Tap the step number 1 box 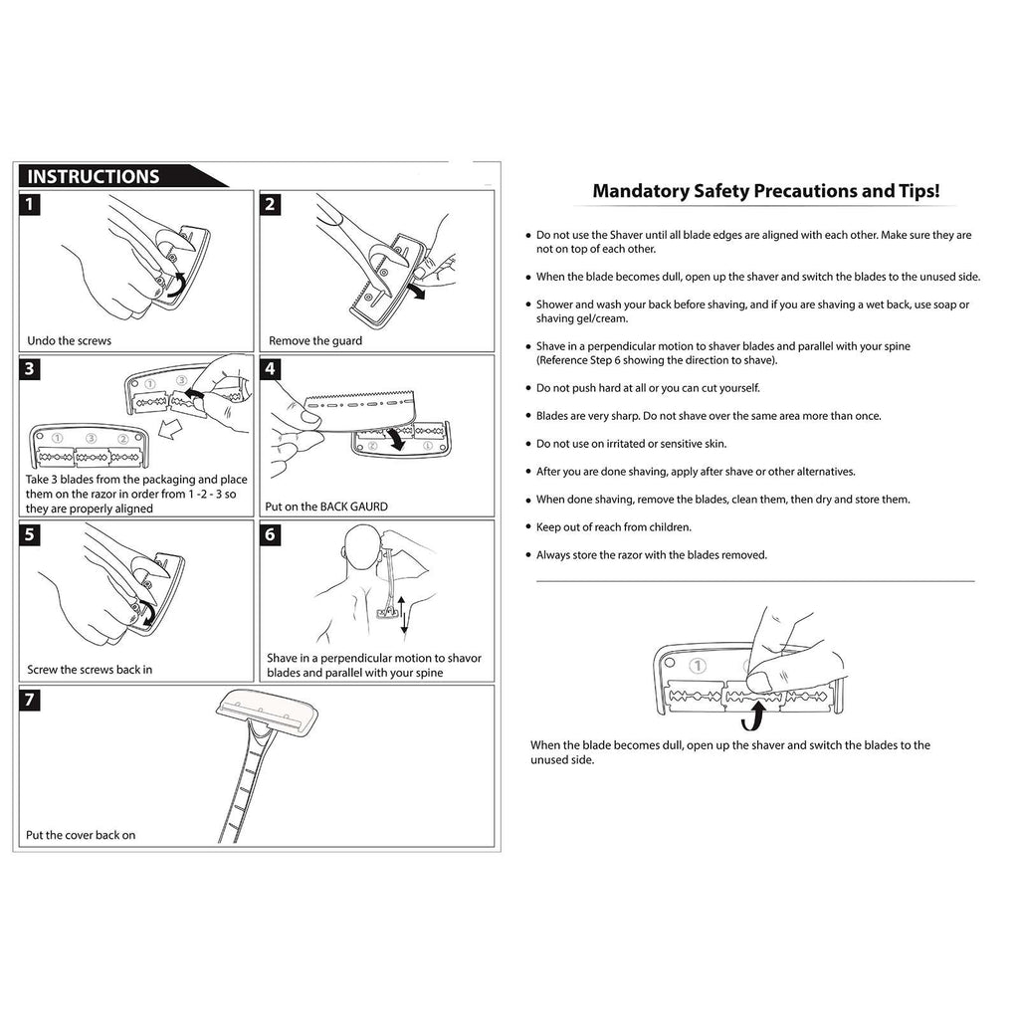(32, 205)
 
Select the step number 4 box (271, 369)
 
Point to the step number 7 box (32, 700)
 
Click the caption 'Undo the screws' (70, 340)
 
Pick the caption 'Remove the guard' (315, 340)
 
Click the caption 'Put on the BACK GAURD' (326, 507)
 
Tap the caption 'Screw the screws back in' (90, 670)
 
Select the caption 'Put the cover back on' (82, 835)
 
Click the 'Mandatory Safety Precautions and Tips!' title (766, 191)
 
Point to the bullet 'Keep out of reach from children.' (613, 527)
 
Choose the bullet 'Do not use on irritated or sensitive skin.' (631, 444)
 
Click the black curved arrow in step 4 (398, 438)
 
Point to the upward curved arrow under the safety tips (758, 713)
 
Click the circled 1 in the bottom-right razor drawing (699, 665)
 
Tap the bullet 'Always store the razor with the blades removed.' (651, 555)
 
